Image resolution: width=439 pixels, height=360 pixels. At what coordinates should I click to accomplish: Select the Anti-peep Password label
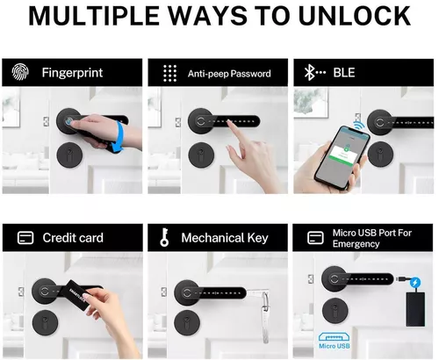[228, 73]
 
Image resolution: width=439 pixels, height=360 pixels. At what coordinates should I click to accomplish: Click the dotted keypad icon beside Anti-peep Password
[170, 72]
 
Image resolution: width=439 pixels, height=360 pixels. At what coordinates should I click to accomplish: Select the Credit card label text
[72, 238]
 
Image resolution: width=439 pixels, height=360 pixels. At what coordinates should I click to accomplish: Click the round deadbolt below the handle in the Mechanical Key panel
[186, 322]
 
